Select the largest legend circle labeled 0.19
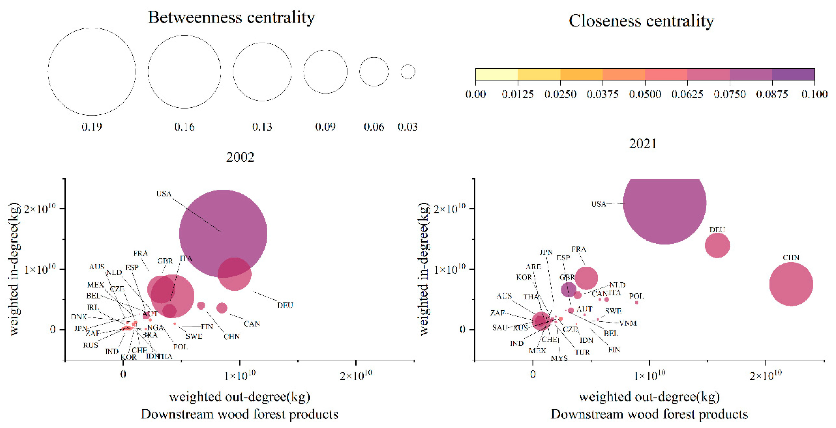point(92,72)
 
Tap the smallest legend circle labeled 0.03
point(408,72)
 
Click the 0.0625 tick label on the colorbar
point(687,94)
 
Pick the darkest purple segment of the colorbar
point(793,74)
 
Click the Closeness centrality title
point(641,21)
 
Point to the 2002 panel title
point(240,157)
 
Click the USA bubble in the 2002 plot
point(223,233)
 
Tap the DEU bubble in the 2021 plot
point(717,245)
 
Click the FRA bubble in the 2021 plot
point(586,278)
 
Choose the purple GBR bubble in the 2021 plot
point(569,290)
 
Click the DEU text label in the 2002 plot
point(285,305)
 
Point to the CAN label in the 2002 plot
point(252,324)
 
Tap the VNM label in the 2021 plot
point(628,323)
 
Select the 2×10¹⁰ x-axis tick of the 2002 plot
point(356,375)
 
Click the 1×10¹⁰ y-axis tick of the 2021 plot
point(449,269)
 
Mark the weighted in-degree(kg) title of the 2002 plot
point(15,269)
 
